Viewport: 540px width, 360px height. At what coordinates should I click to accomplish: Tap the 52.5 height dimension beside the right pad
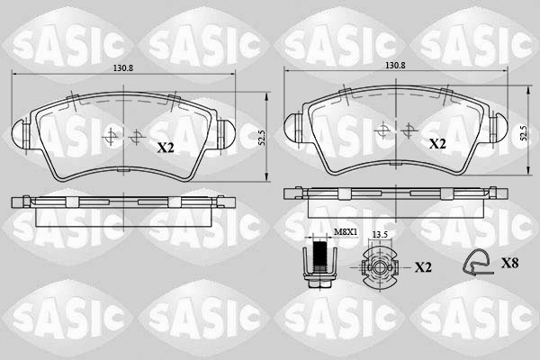coord(524,133)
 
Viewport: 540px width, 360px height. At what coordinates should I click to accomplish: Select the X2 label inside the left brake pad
coord(166,147)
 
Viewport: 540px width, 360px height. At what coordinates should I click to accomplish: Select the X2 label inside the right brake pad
coord(437,143)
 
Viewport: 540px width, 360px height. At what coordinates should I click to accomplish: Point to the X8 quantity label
coord(508,263)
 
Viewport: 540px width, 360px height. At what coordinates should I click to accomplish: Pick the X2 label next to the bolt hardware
coord(424,268)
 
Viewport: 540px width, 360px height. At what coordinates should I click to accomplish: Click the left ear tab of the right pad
coord(292,126)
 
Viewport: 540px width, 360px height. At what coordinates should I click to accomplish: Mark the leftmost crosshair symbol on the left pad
coord(112,137)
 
